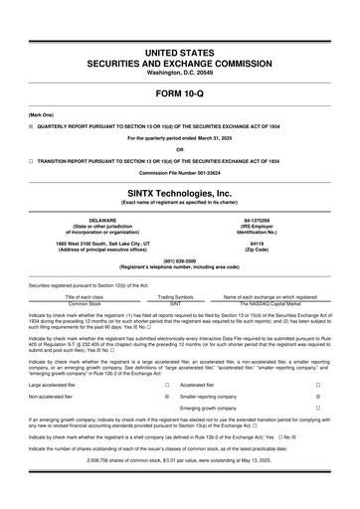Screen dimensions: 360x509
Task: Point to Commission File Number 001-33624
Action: click(179, 172)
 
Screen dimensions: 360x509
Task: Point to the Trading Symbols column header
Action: click(175, 296)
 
